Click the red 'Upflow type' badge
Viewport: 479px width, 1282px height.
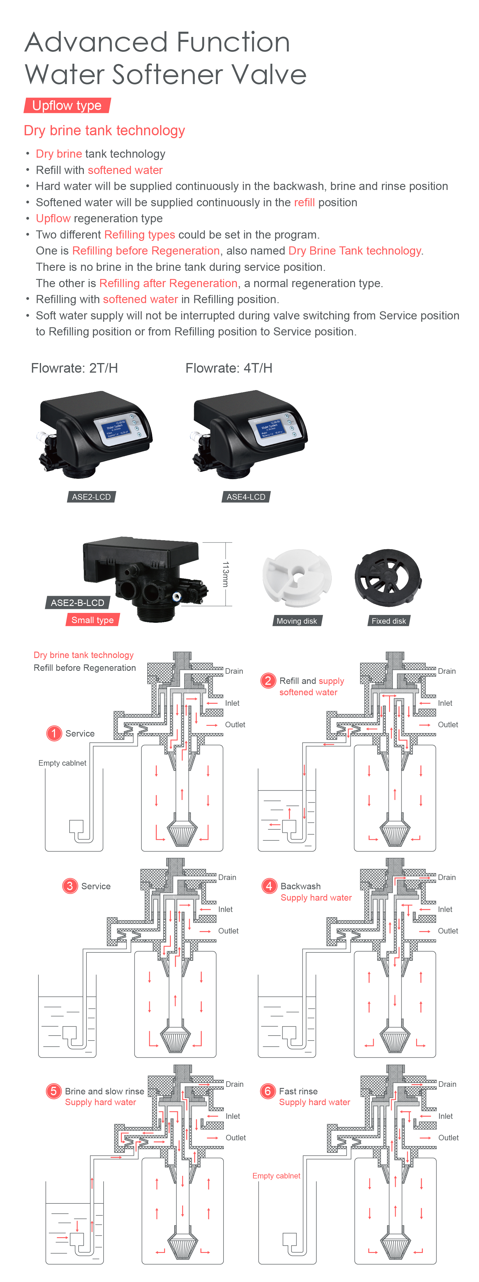click(x=67, y=106)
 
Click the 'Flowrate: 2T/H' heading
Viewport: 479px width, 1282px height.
click(x=74, y=368)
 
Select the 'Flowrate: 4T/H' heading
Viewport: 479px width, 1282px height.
click(x=228, y=368)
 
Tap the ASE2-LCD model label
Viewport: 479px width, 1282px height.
click(x=91, y=497)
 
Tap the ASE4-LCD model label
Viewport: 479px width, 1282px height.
click(x=246, y=497)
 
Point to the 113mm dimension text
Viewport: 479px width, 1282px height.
click(x=226, y=574)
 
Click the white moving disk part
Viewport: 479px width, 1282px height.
click(x=297, y=577)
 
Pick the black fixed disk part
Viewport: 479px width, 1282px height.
click(x=388, y=577)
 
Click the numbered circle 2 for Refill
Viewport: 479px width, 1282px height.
click(x=268, y=680)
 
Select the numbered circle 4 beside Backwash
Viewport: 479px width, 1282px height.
click(x=269, y=886)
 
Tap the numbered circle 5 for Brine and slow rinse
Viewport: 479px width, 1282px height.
click(x=53, y=1091)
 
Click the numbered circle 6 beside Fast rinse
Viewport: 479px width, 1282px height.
click(x=267, y=1091)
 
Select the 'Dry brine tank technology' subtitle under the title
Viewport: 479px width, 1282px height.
click(x=104, y=130)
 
